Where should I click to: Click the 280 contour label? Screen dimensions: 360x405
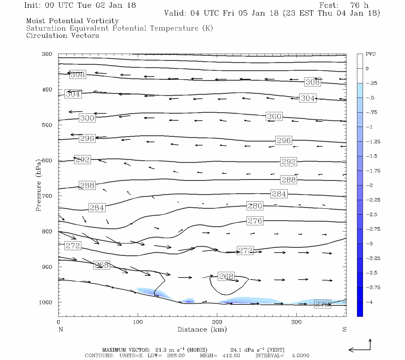pyautogui.click(x=255, y=206)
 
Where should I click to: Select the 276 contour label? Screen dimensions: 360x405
pyautogui.click(x=255, y=221)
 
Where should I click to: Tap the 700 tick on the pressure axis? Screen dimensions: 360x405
pyautogui.click(x=47, y=196)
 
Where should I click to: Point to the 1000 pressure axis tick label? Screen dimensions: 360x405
pyautogui.click(x=46, y=302)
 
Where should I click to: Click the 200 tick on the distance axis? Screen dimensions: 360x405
pyautogui.click(x=217, y=322)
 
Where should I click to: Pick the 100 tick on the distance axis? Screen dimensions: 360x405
pyautogui.click(x=138, y=322)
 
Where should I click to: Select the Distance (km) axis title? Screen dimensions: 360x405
pyautogui.click(x=202, y=329)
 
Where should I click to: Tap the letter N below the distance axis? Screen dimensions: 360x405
pyautogui.click(x=61, y=329)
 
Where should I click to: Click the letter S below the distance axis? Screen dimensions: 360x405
pyautogui.click(x=344, y=329)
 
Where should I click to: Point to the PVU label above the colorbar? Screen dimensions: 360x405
pyautogui.click(x=370, y=54)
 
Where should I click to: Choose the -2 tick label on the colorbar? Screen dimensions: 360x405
pyautogui.click(x=369, y=185)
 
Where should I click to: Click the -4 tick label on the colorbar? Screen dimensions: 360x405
pyautogui.click(x=369, y=302)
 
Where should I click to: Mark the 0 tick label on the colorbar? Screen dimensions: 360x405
pyautogui.click(x=367, y=69)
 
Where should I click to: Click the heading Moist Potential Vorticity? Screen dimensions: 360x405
pyautogui.click(x=72, y=21)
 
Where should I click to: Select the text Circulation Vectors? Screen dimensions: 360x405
pyautogui.click(x=62, y=36)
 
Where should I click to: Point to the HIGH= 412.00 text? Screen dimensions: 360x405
pyautogui.click(x=220, y=355)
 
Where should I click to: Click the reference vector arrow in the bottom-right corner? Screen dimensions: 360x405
pyautogui.click(x=360, y=348)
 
